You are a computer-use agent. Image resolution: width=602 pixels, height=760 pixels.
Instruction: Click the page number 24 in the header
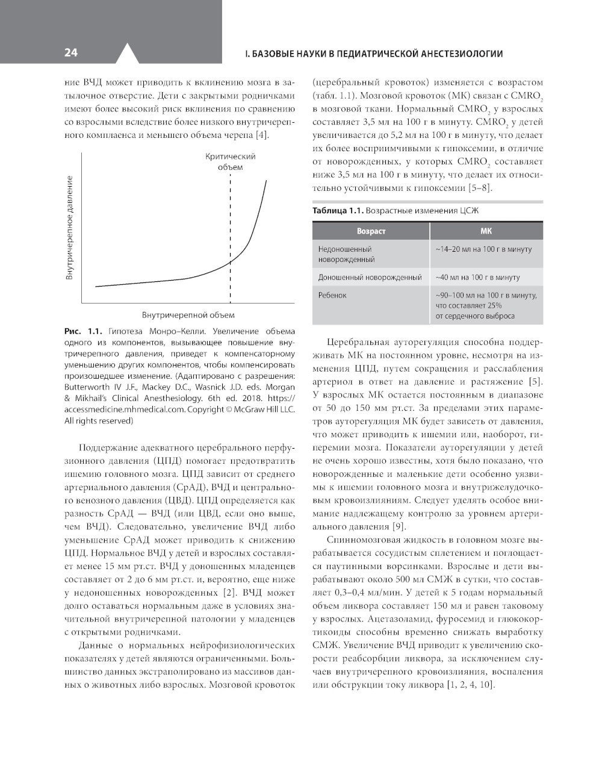(71, 53)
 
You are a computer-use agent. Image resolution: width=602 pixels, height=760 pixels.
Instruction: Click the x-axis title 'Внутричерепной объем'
(188, 315)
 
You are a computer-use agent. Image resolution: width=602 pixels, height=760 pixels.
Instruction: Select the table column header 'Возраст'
(371, 231)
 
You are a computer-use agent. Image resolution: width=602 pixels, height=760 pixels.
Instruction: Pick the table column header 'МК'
(486, 231)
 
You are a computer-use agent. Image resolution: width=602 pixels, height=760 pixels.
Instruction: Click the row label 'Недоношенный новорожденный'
(346, 254)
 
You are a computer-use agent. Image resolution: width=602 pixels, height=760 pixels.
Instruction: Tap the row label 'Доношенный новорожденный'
(370, 278)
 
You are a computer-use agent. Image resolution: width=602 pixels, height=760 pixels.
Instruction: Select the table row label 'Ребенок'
(332, 296)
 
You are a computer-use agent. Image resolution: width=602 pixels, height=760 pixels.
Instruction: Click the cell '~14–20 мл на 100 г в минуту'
(483, 249)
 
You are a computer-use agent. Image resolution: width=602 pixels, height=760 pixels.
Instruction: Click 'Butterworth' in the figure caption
(90, 387)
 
